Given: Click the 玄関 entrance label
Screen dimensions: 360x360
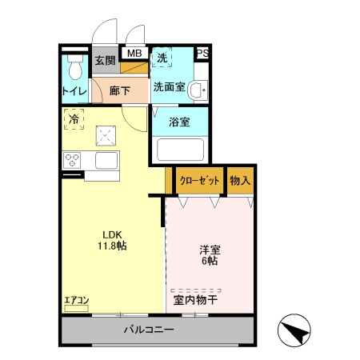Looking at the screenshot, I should click(x=105, y=61).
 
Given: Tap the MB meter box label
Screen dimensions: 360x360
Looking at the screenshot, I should click(x=134, y=54).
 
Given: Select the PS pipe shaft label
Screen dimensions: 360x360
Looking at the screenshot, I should click(x=202, y=54).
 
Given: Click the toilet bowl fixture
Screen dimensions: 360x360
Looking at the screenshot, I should click(x=76, y=66).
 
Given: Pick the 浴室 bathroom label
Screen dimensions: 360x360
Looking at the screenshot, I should click(x=179, y=122).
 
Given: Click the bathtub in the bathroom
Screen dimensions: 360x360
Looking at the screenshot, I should click(x=179, y=150).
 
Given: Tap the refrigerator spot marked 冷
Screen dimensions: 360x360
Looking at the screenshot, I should click(x=74, y=119).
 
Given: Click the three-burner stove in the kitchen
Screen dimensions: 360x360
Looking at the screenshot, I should click(x=73, y=158).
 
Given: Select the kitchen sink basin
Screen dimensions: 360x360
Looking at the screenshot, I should click(x=107, y=160).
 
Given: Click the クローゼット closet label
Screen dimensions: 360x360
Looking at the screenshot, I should click(x=198, y=181).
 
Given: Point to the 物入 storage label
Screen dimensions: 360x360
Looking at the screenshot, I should click(x=240, y=181).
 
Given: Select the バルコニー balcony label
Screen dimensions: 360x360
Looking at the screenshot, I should click(x=149, y=330).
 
